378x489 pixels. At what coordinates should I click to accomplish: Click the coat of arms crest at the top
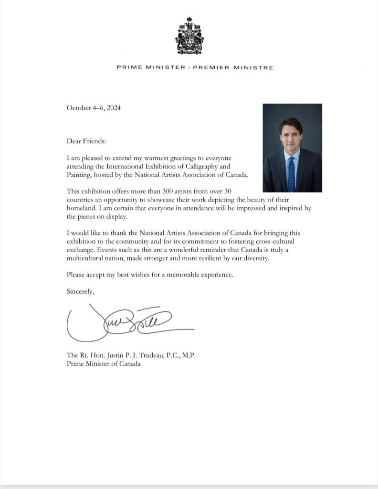tap(189, 36)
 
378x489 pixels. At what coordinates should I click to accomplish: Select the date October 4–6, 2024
tap(94, 108)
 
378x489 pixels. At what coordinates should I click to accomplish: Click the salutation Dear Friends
tap(86, 141)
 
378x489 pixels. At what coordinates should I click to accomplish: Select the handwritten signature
tap(129, 322)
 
